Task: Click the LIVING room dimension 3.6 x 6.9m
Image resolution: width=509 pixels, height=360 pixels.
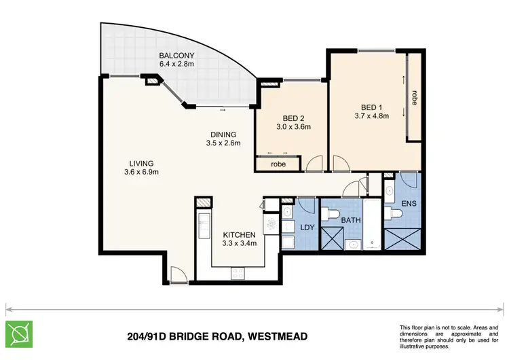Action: tap(141, 173)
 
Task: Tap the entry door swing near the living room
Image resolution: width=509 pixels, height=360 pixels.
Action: tap(177, 274)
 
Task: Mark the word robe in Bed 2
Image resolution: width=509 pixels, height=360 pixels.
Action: tap(278, 164)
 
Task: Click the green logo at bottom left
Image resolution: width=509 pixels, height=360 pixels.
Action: tap(20, 334)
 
